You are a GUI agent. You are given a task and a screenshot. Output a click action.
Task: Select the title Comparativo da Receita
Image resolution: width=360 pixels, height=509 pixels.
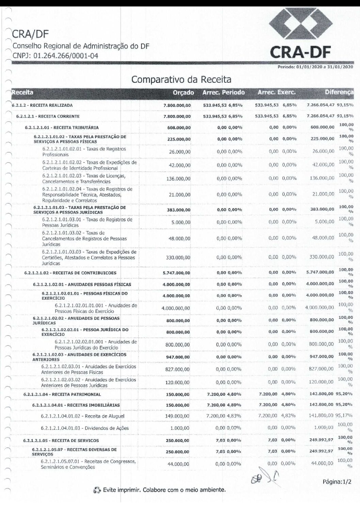(181, 80)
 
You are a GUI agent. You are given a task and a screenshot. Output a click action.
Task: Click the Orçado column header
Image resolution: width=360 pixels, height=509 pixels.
(183, 92)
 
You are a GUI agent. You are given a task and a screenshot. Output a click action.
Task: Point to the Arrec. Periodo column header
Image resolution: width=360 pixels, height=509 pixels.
(223, 92)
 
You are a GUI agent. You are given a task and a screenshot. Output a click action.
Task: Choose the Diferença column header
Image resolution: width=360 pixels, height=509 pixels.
(339, 92)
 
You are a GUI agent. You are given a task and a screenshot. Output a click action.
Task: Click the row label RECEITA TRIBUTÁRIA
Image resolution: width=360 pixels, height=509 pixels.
(62, 128)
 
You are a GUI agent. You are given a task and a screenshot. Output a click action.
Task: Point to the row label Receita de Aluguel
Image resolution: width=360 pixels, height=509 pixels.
(82, 416)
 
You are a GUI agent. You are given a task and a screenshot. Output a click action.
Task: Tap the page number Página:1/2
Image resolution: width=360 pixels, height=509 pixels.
(338, 482)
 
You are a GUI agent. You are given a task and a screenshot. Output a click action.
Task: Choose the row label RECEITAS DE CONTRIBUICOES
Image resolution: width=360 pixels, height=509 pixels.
(70, 273)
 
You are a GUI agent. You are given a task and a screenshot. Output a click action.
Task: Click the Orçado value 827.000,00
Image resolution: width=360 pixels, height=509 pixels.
(178, 369)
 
